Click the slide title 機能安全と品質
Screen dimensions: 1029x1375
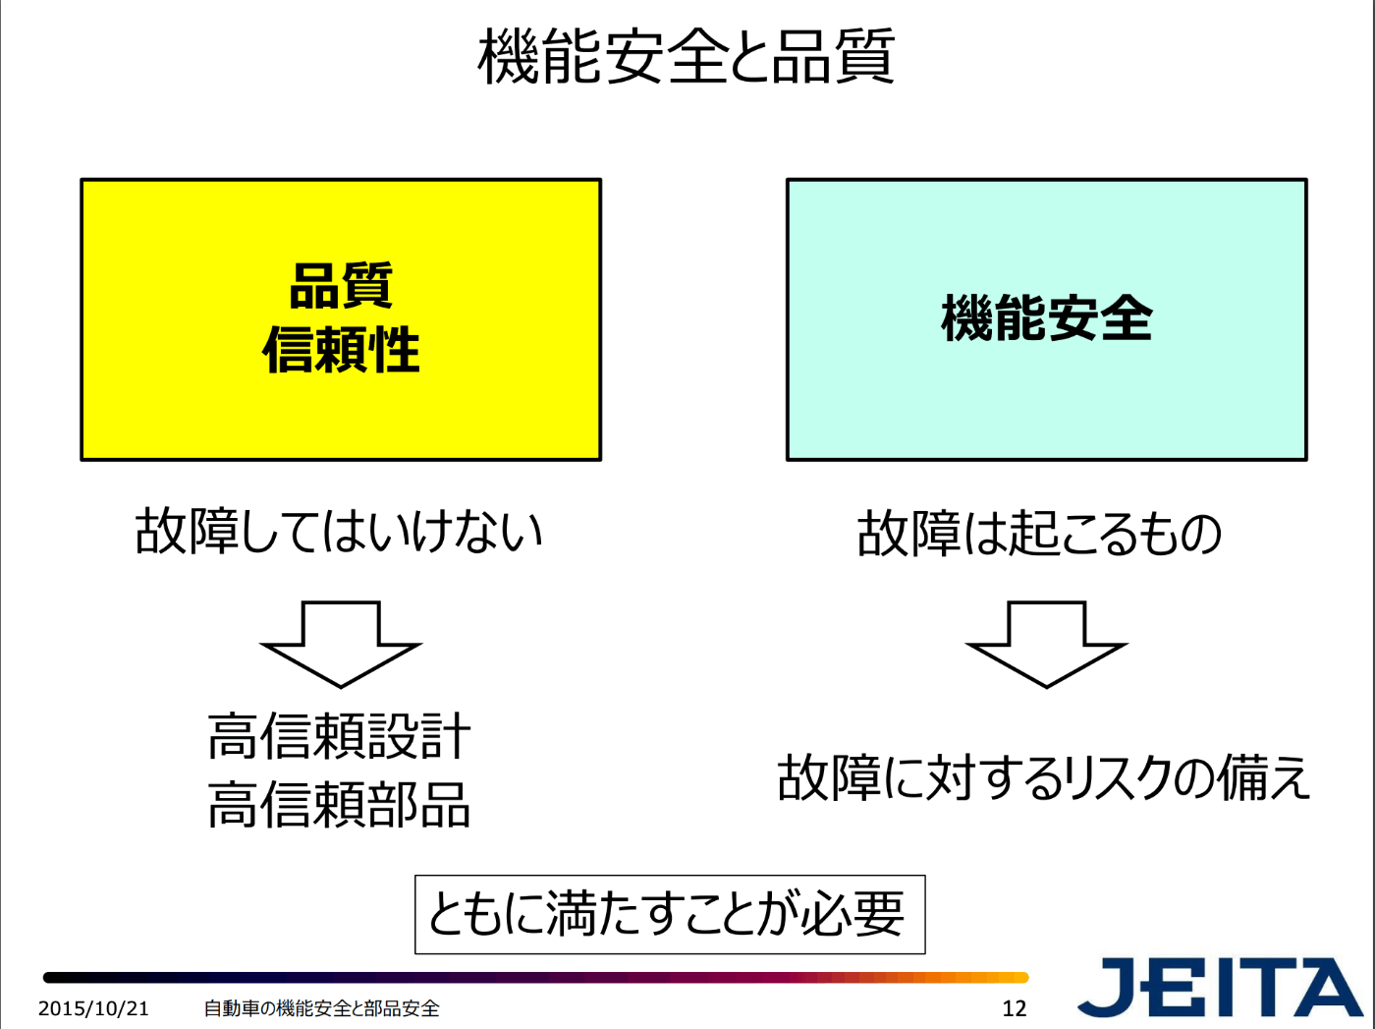[686, 56]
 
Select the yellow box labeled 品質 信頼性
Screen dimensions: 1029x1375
[340, 413]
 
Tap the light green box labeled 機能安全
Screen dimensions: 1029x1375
[1046, 403]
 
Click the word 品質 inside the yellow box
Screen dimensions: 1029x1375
[341, 286]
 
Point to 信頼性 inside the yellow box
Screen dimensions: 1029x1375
[341, 350]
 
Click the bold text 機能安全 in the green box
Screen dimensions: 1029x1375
[1046, 318]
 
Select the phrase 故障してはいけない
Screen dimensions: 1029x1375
[339, 531]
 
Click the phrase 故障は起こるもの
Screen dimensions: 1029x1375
[1039, 534]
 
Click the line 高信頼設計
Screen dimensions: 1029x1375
[339, 736]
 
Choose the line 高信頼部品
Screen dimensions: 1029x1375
[339, 804]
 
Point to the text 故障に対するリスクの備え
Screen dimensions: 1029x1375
[1043, 777]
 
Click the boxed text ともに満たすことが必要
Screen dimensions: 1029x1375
[669, 914]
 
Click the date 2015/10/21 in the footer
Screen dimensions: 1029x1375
[93, 1008]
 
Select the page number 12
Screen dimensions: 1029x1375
[1014, 1008]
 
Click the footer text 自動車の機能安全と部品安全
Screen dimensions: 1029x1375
[321, 1008]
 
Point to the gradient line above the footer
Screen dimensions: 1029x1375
[535, 978]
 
